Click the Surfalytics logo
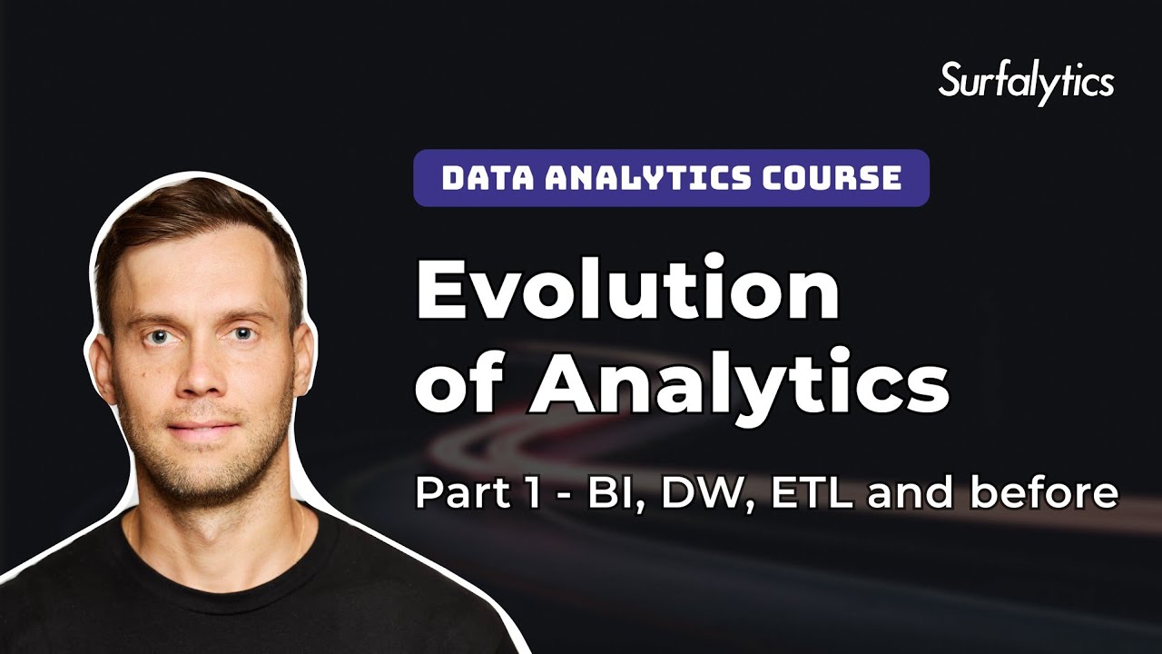pos(1026,83)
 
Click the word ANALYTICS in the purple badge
pos(633,178)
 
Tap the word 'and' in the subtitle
pos(901,493)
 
